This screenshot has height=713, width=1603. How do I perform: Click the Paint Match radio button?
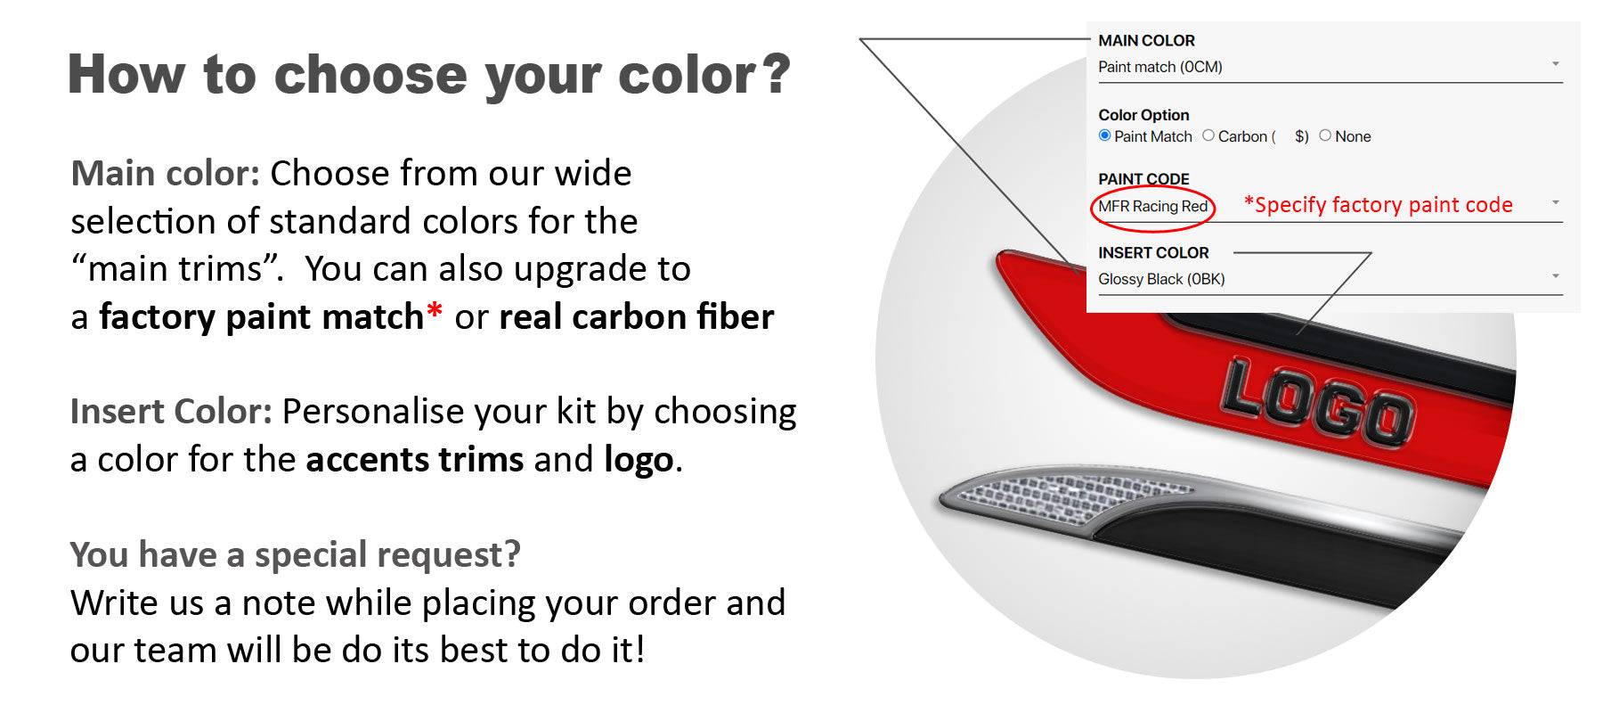point(1105,135)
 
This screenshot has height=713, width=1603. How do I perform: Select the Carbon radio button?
point(1208,135)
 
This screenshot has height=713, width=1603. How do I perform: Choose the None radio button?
point(1325,135)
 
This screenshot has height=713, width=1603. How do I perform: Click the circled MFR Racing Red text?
point(1153,207)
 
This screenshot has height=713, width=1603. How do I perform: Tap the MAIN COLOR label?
point(1147,41)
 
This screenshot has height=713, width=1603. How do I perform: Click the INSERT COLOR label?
point(1153,253)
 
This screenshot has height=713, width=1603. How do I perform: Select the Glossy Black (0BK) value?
point(1161,279)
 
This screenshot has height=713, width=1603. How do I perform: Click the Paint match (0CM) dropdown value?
point(1160,67)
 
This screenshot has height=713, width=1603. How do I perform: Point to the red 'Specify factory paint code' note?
point(1379,205)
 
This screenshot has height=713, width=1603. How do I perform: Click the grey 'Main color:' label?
point(166,173)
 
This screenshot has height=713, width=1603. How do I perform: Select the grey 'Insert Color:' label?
point(171,412)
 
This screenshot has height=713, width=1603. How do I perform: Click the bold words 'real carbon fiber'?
point(637,317)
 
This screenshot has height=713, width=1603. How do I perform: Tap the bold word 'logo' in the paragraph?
point(639,461)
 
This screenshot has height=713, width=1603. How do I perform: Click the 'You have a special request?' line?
point(296,555)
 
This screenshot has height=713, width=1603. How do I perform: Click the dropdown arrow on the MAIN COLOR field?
point(1556,63)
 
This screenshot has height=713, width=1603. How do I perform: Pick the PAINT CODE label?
point(1143,179)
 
